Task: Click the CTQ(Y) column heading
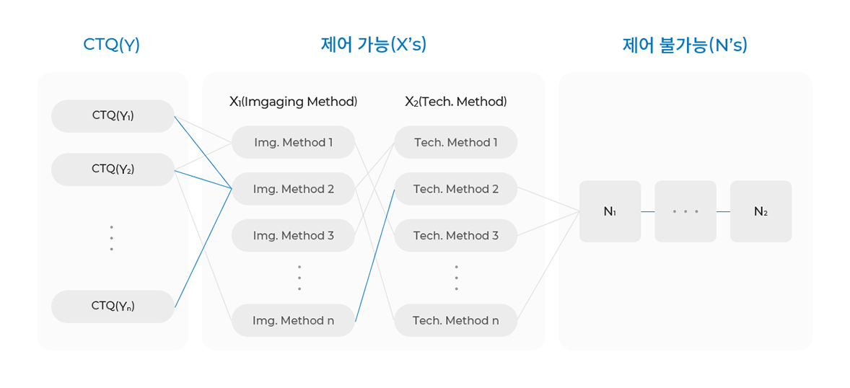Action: tap(111, 45)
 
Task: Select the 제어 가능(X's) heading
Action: tap(374, 45)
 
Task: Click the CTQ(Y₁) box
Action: tap(113, 116)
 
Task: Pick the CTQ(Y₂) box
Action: tap(113, 169)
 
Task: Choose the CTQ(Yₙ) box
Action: tap(113, 307)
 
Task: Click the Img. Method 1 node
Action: tap(293, 143)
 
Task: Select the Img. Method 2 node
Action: tap(293, 189)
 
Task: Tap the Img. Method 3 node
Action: tap(293, 236)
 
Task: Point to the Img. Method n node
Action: tap(293, 320)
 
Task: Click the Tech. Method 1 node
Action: tap(456, 143)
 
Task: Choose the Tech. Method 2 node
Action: tap(456, 189)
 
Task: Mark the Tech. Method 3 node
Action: tap(456, 236)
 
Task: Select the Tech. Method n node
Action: tap(456, 320)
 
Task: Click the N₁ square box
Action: tap(610, 211)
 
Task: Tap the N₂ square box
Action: tap(761, 211)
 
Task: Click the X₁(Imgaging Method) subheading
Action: tap(293, 102)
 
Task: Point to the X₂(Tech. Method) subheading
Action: tap(456, 102)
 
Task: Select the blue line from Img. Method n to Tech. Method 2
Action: tap(374, 255)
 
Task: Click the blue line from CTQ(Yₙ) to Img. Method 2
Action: tap(203, 247)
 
